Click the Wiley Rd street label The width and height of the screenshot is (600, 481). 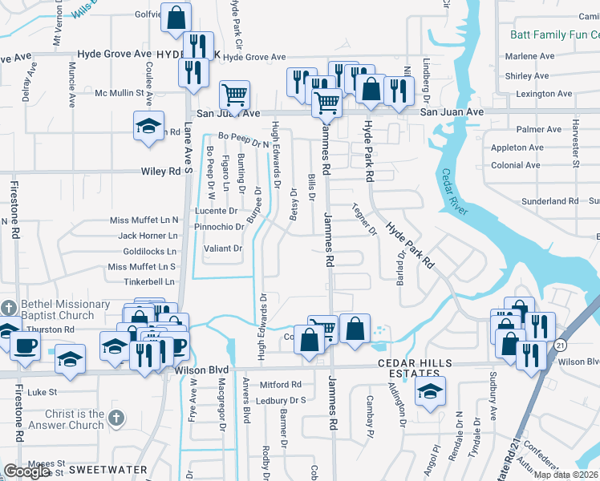tap(162, 172)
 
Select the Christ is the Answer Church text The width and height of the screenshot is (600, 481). tap(63, 419)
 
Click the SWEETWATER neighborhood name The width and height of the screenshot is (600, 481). tap(107, 469)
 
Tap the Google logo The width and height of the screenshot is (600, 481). tap(26, 471)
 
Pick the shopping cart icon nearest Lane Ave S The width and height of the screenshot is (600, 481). tap(233, 95)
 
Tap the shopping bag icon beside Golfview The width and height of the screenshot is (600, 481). tap(176, 16)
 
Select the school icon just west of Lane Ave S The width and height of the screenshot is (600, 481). tap(148, 126)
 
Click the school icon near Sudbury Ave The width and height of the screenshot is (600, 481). tap(431, 392)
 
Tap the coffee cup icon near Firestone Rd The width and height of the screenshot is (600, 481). tap(25, 346)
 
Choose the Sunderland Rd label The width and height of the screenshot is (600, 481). tap(549, 201)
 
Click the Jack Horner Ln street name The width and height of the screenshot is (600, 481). tap(148, 236)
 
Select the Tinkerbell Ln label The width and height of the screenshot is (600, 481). tap(149, 282)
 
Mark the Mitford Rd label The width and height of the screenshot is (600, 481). tap(279, 385)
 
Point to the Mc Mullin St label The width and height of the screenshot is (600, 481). tap(124, 93)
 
